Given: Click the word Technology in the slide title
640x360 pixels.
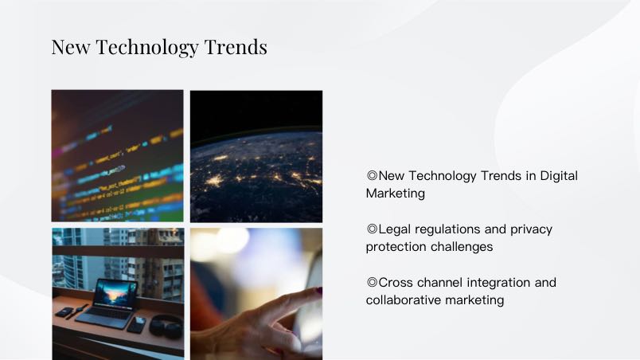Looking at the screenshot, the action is [146, 48].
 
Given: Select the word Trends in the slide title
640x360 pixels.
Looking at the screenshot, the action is [236, 47].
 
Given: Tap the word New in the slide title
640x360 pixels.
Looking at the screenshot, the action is [71, 47].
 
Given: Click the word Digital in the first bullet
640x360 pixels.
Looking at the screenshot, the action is [559, 176].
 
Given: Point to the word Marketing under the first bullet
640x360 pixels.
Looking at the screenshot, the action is [395, 194].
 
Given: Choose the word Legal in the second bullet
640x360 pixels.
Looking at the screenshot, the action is [393, 229].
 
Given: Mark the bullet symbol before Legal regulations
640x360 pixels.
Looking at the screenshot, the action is [372, 229].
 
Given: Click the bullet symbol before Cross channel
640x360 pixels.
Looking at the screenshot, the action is [372, 282].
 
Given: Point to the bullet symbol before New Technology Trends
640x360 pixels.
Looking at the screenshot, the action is [372, 175].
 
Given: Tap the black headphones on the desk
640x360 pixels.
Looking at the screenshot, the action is [166, 326].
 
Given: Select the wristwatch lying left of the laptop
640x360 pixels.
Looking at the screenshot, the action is [78, 311].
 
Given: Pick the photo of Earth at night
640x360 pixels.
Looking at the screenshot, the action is [256, 156].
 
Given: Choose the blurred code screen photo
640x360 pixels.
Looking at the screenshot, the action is [118, 156].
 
